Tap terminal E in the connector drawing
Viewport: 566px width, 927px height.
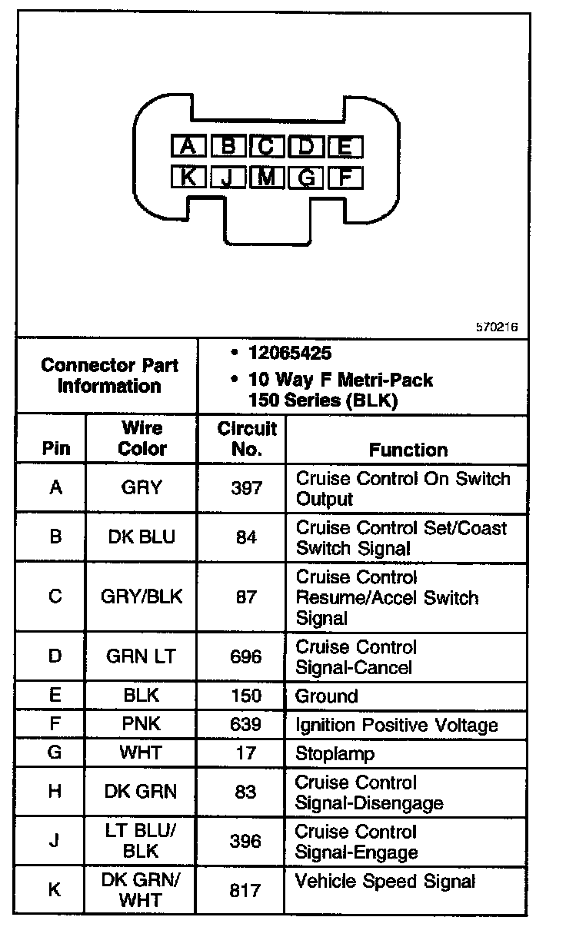point(345,146)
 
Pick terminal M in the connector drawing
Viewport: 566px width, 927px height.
point(267,178)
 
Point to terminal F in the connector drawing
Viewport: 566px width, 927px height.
point(345,178)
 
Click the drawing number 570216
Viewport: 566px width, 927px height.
point(497,327)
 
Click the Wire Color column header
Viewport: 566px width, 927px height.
point(141,439)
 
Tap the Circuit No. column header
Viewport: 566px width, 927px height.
point(246,439)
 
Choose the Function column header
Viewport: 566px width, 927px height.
point(408,450)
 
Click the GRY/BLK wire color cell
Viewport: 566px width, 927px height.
point(141,597)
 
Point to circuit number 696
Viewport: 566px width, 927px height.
point(246,657)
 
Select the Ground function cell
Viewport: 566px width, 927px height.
point(327,696)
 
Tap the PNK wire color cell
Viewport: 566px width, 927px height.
point(141,724)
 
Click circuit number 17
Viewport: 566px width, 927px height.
point(246,753)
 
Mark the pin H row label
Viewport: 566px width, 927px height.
point(55,792)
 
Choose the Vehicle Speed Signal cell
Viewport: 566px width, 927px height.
point(385,881)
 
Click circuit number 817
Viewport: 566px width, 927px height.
point(246,890)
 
